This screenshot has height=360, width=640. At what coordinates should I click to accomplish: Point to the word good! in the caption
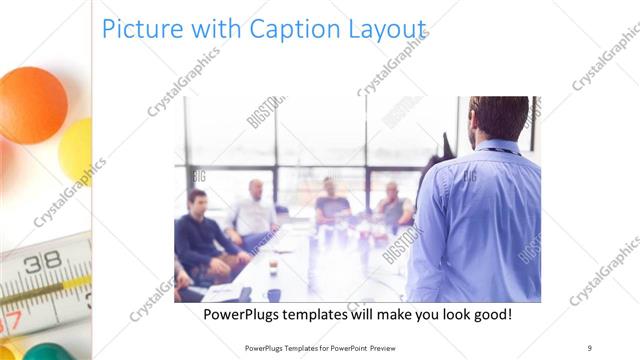489,314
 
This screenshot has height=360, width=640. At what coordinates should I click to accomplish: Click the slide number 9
589,347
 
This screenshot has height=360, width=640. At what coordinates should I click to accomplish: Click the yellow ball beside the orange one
77,150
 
